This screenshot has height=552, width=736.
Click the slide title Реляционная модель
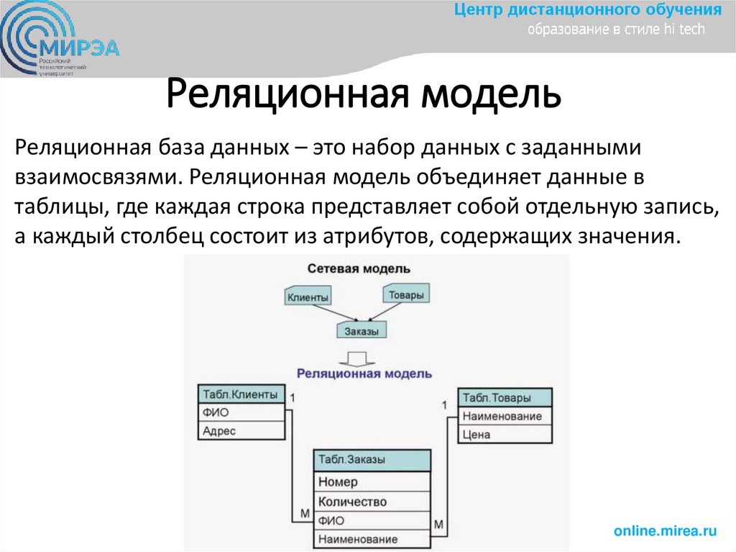pos(364,95)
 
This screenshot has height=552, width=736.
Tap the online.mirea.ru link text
pos(666,530)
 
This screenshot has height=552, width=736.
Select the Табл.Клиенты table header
pos(241,394)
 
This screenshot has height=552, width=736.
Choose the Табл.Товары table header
pos(505,398)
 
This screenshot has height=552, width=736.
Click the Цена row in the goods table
pos(505,434)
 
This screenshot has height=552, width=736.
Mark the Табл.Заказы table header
pos(372,459)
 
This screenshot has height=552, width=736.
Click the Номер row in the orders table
pos(372,481)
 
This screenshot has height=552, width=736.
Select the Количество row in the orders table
pos(372,501)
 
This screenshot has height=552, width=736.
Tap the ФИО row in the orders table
pos(372,520)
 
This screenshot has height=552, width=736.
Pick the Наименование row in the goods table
pos(505,416)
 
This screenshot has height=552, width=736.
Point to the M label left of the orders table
pos(304,512)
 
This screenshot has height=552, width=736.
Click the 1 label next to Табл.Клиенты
pos(293,397)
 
